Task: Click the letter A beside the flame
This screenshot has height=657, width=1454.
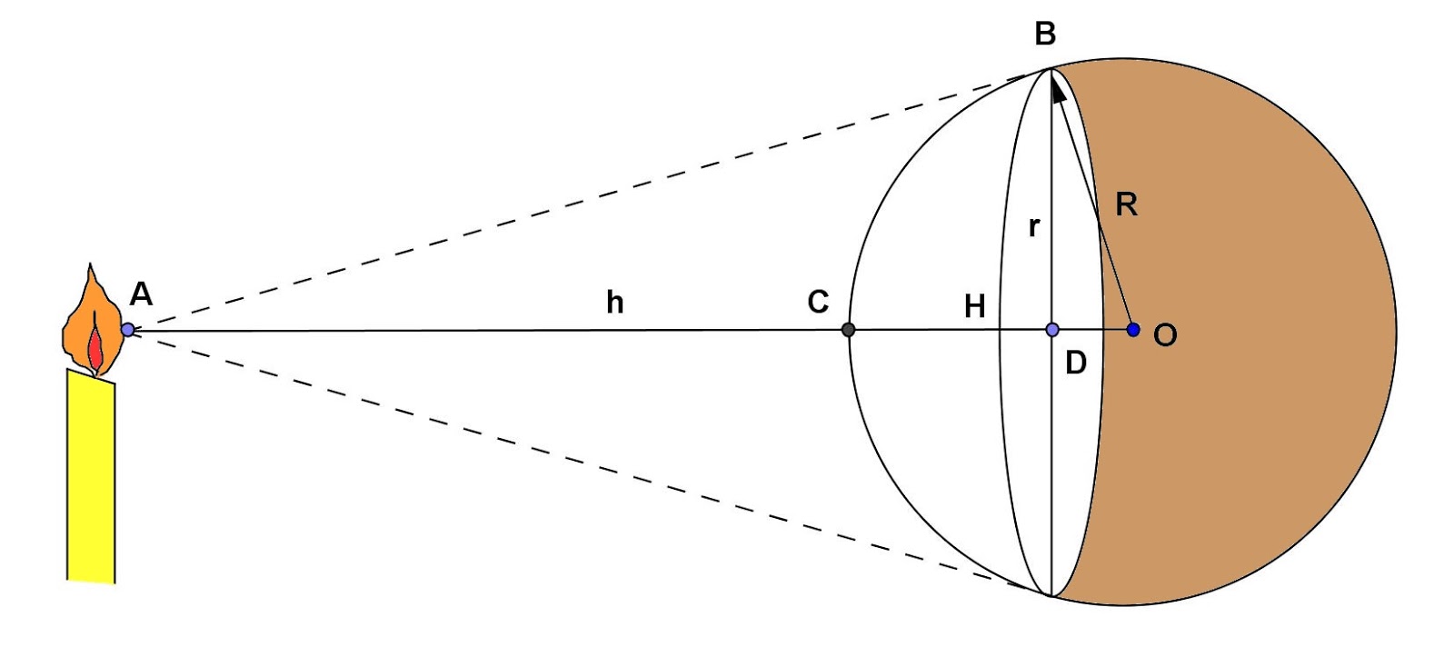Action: pos(141,294)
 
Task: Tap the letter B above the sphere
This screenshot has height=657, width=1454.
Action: pos(1045,35)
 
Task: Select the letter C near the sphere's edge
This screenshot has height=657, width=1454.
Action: pos(818,302)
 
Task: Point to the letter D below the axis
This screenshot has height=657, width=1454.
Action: pos(1075,363)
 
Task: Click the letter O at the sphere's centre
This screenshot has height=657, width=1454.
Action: pos(1165,335)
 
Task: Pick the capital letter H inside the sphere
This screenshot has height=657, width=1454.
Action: pos(974,307)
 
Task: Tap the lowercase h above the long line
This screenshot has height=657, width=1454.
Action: pos(615,302)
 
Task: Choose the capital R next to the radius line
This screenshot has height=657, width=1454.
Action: pos(1126,204)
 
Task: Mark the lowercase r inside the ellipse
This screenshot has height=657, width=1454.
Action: pos(1033,226)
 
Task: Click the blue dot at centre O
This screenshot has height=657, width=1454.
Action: pos(1133,329)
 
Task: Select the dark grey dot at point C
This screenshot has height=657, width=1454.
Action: pos(848,329)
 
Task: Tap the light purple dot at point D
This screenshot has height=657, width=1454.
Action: pos(1052,329)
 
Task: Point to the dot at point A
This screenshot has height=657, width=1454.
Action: pos(128,329)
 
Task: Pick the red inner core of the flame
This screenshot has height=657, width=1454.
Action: pos(95,347)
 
